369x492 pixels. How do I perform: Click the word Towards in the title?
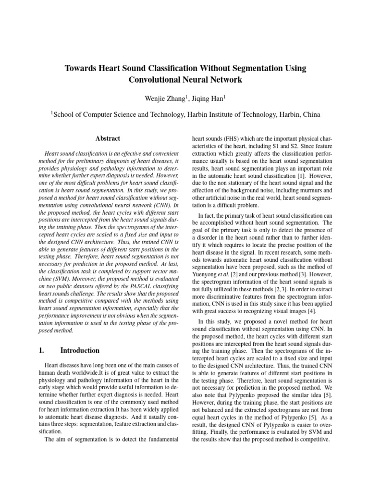[x=82, y=69]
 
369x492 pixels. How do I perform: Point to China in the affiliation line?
[x=308, y=115]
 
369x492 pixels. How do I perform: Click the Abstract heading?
[x=108, y=138]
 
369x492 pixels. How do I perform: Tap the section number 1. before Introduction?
[x=41, y=350]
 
